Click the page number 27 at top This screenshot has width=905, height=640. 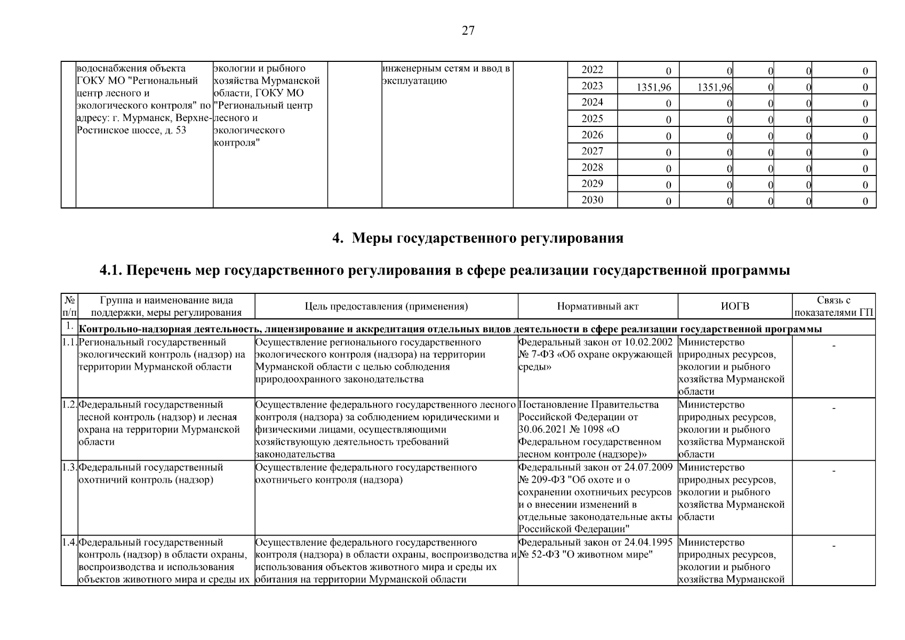point(468,31)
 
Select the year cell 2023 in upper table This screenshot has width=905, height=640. point(592,86)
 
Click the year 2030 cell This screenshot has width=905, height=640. point(592,200)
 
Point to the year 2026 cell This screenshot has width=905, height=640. point(592,135)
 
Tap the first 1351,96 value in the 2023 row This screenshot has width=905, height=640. point(654,87)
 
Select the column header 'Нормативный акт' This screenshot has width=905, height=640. point(597,307)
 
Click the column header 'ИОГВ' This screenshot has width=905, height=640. point(735,307)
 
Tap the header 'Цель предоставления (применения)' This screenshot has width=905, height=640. point(386,307)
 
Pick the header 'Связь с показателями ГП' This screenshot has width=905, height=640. point(834,307)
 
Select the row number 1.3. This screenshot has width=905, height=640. point(69,468)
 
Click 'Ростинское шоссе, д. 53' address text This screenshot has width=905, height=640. point(131,130)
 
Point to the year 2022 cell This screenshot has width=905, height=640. point(592,70)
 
